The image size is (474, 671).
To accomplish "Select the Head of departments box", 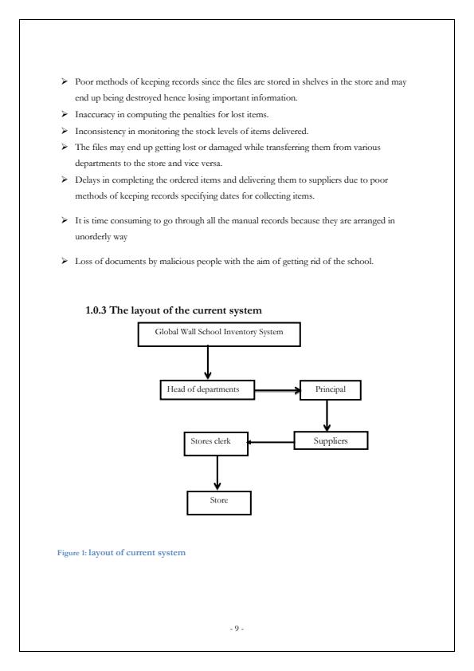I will [207, 389].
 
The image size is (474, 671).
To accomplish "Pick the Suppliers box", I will [331, 440].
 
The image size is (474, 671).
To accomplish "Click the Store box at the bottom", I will [218, 501].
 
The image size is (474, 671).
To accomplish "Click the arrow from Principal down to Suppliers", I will [327, 416].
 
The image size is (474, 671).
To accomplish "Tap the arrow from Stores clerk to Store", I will [216, 473].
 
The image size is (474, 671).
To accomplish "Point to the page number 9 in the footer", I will [237, 629].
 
